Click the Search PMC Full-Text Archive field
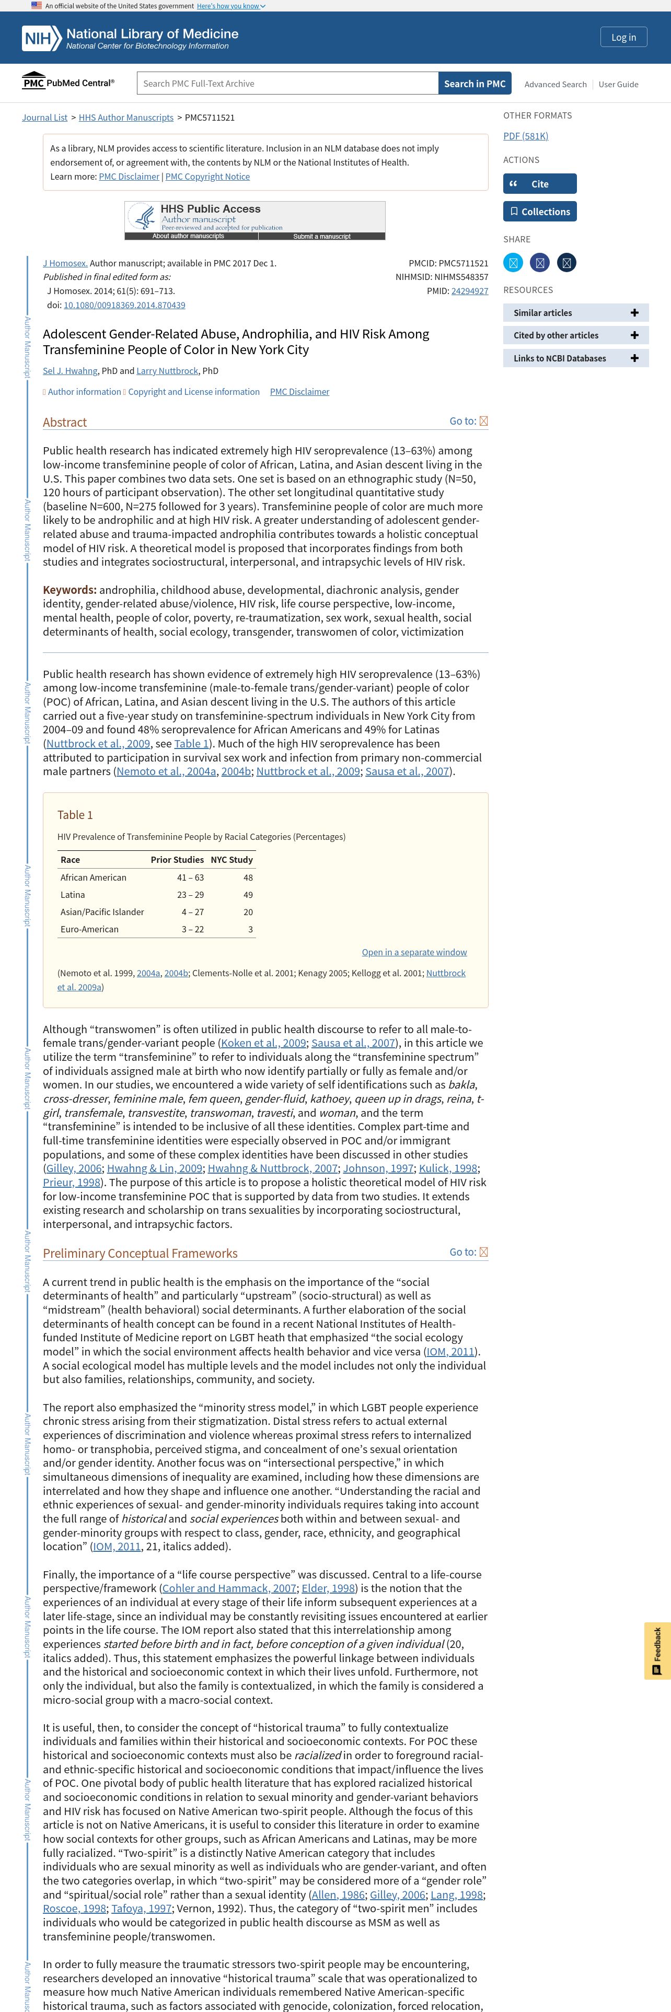(287, 84)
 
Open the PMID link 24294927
(469, 291)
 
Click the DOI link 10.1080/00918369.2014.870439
(124, 306)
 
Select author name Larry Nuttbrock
(167, 371)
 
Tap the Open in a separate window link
(414, 952)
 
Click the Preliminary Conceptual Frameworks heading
(140, 1254)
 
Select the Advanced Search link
(554, 84)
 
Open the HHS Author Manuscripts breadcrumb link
(126, 118)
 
